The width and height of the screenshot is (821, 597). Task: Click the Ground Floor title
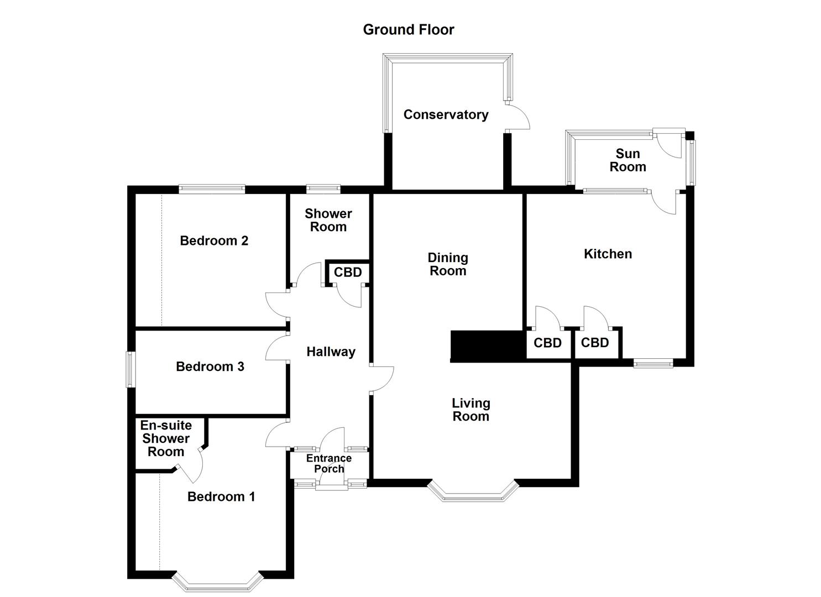pyautogui.click(x=408, y=30)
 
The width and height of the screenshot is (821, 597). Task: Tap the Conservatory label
pyautogui.click(x=446, y=115)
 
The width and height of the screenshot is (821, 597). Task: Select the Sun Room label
pyautogui.click(x=627, y=160)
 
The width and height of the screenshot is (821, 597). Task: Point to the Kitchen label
pyautogui.click(x=608, y=254)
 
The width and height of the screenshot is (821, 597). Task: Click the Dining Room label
pyautogui.click(x=448, y=264)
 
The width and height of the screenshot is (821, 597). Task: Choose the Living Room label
pyautogui.click(x=470, y=410)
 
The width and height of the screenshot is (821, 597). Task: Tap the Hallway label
pyautogui.click(x=331, y=352)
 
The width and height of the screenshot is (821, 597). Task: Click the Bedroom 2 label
pyautogui.click(x=214, y=240)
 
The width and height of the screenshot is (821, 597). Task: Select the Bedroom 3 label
pyautogui.click(x=210, y=366)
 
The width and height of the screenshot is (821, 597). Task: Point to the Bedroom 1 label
pyautogui.click(x=221, y=496)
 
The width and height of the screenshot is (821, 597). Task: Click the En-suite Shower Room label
pyautogui.click(x=166, y=438)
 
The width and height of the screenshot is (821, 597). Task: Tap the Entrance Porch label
pyautogui.click(x=329, y=463)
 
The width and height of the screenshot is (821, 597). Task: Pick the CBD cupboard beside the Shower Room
pyautogui.click(x=348, y=272)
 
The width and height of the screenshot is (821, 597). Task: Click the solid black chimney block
pyautogui.click(x=487, y=346)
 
